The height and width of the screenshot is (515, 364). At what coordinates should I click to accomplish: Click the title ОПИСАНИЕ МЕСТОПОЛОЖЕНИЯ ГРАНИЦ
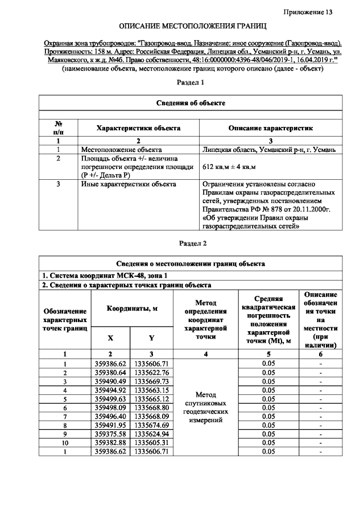(192, 27)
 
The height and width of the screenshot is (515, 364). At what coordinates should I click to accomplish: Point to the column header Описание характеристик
(270, 128)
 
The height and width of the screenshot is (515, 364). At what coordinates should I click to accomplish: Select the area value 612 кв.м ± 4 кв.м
(229, 167)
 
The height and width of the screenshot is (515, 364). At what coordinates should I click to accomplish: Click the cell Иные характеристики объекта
(128, 184)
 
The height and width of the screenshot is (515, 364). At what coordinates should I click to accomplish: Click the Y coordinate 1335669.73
(151, 381)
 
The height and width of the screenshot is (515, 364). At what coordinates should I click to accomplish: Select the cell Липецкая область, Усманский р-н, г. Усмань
(269, 149)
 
